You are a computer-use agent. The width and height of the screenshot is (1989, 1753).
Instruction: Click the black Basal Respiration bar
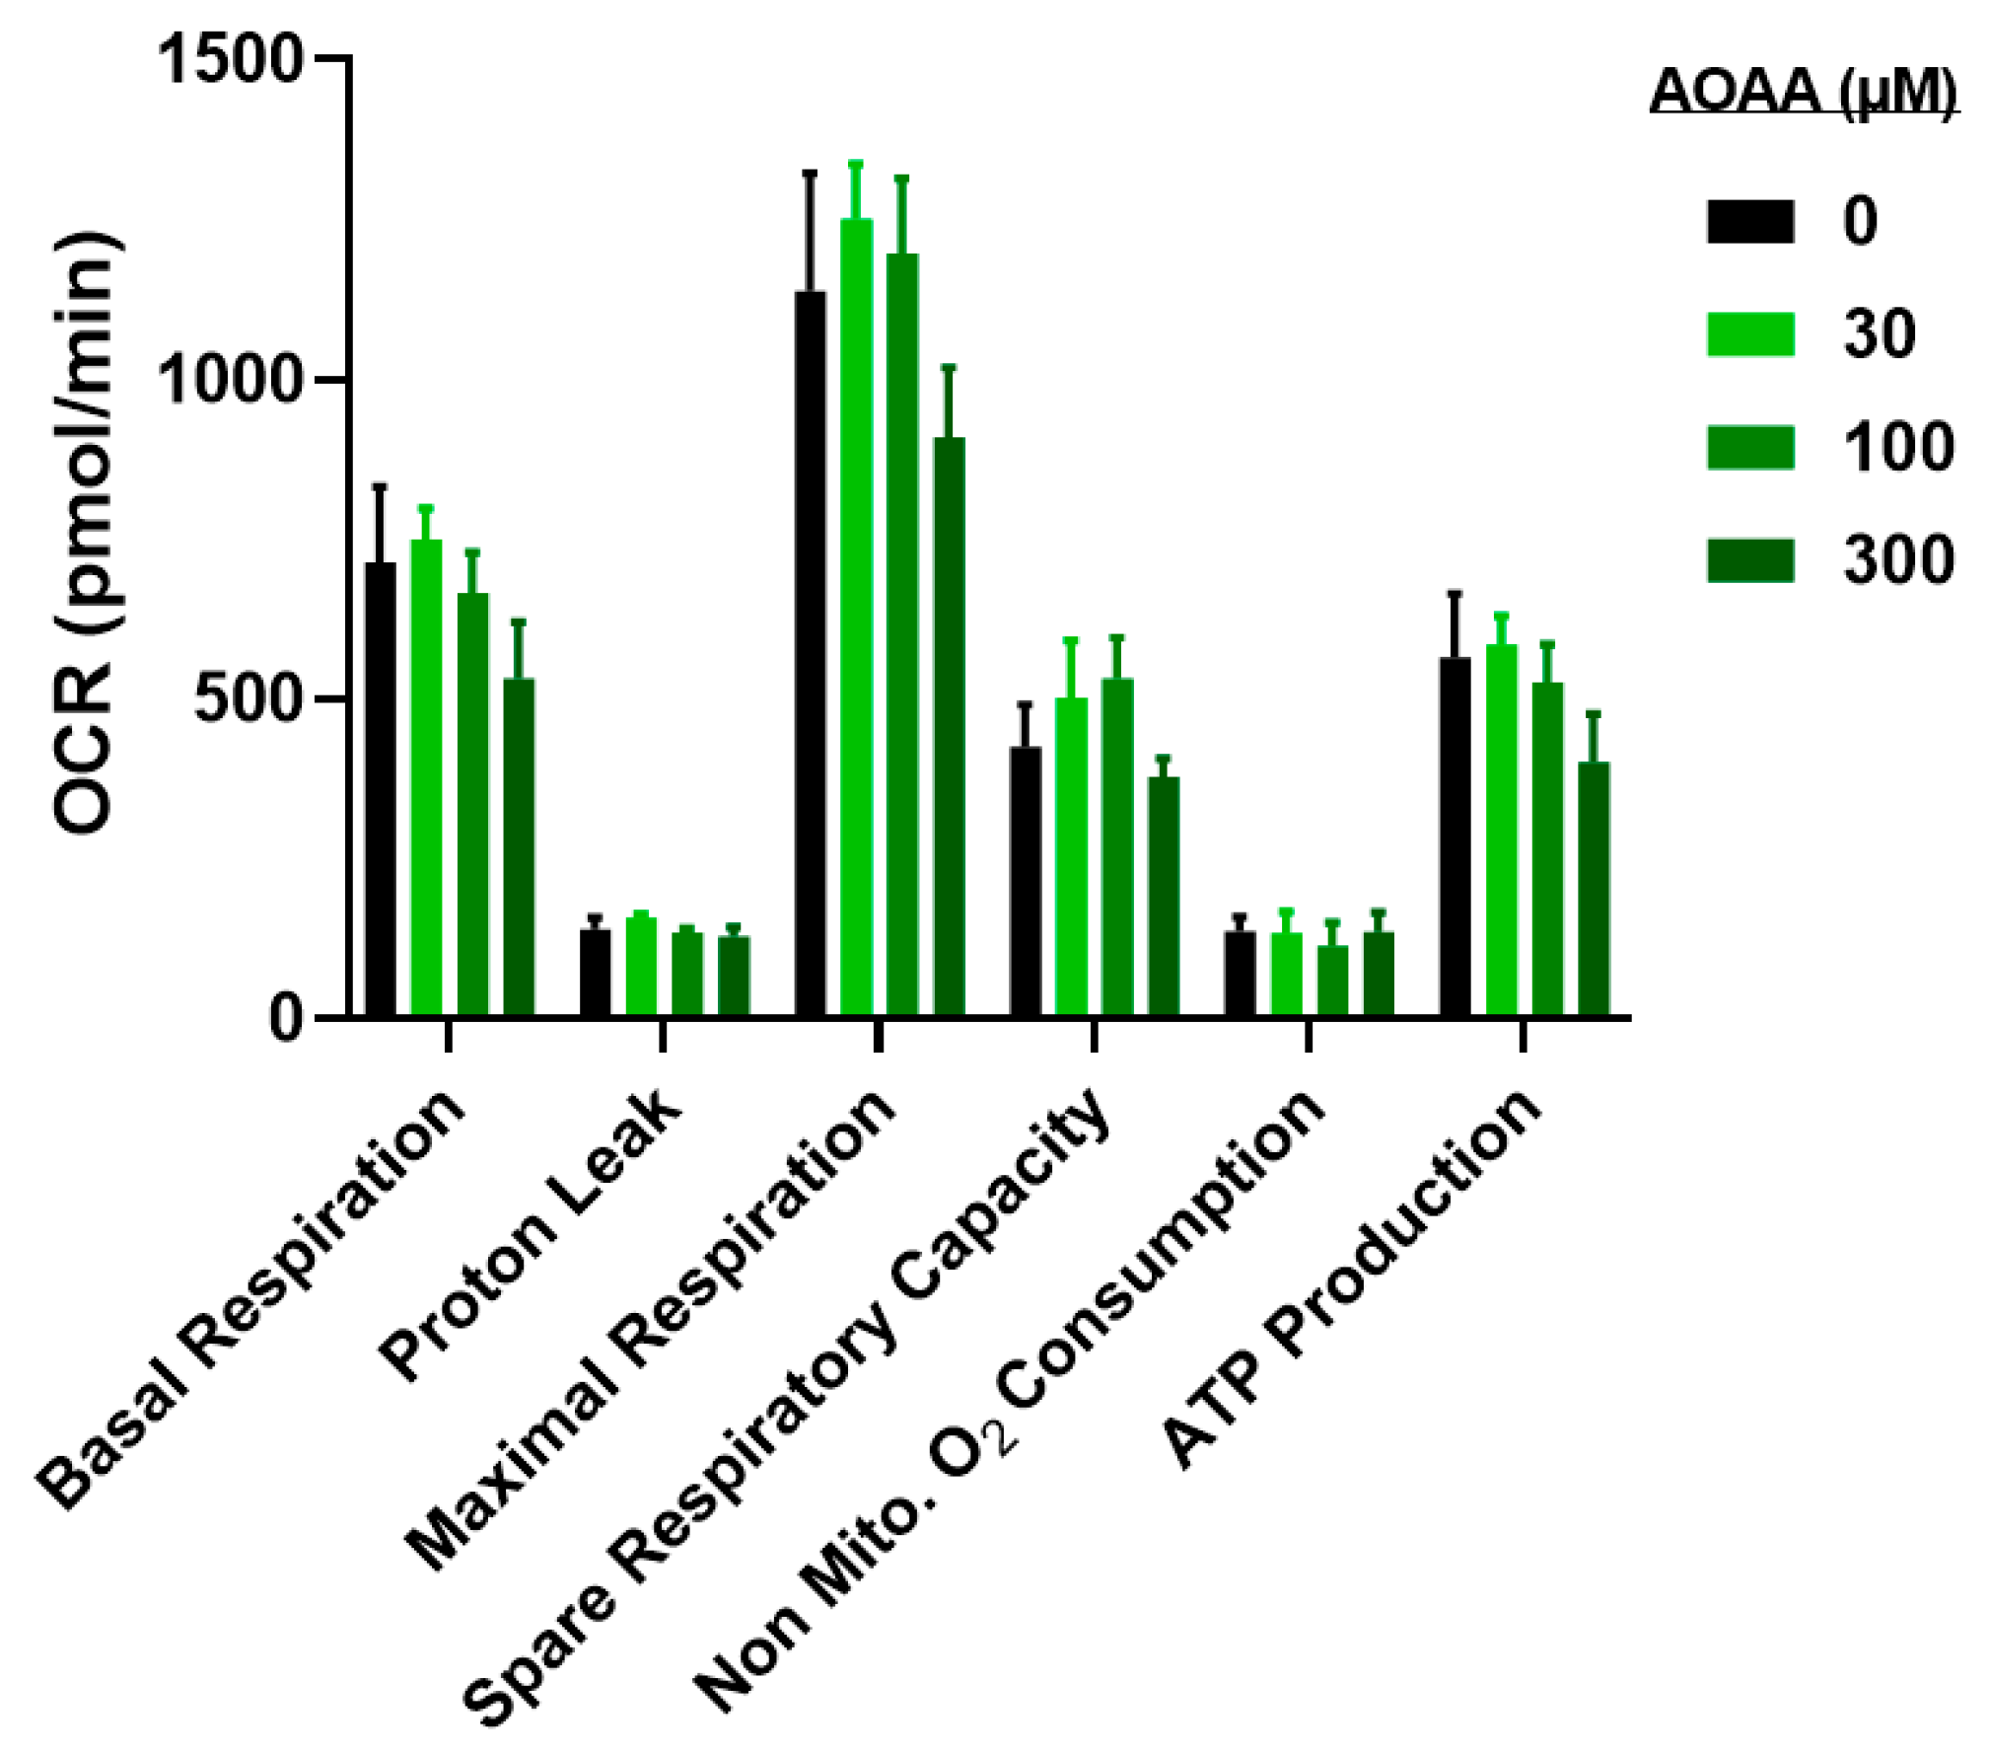380,789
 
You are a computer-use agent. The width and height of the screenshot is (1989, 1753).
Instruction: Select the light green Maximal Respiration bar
855,617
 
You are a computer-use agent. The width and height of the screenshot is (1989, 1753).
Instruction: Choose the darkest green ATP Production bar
1593,888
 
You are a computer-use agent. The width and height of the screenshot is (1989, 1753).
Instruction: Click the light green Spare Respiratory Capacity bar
1071,856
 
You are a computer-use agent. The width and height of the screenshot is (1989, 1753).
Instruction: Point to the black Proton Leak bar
595,972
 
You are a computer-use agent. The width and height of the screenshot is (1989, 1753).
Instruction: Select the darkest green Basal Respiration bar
519,846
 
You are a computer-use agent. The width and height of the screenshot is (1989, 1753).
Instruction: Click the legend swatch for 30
1749,334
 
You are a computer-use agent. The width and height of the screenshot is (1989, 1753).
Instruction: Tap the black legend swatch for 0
1749,221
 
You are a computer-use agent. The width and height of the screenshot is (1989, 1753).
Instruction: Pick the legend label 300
1897,560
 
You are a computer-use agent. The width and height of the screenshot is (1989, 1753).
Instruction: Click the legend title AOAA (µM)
1803,92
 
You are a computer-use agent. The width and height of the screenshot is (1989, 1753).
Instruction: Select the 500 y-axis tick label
247,699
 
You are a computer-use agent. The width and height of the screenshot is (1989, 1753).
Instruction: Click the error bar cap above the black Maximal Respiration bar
810,174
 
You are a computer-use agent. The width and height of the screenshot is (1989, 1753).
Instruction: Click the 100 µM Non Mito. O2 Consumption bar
1331,981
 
